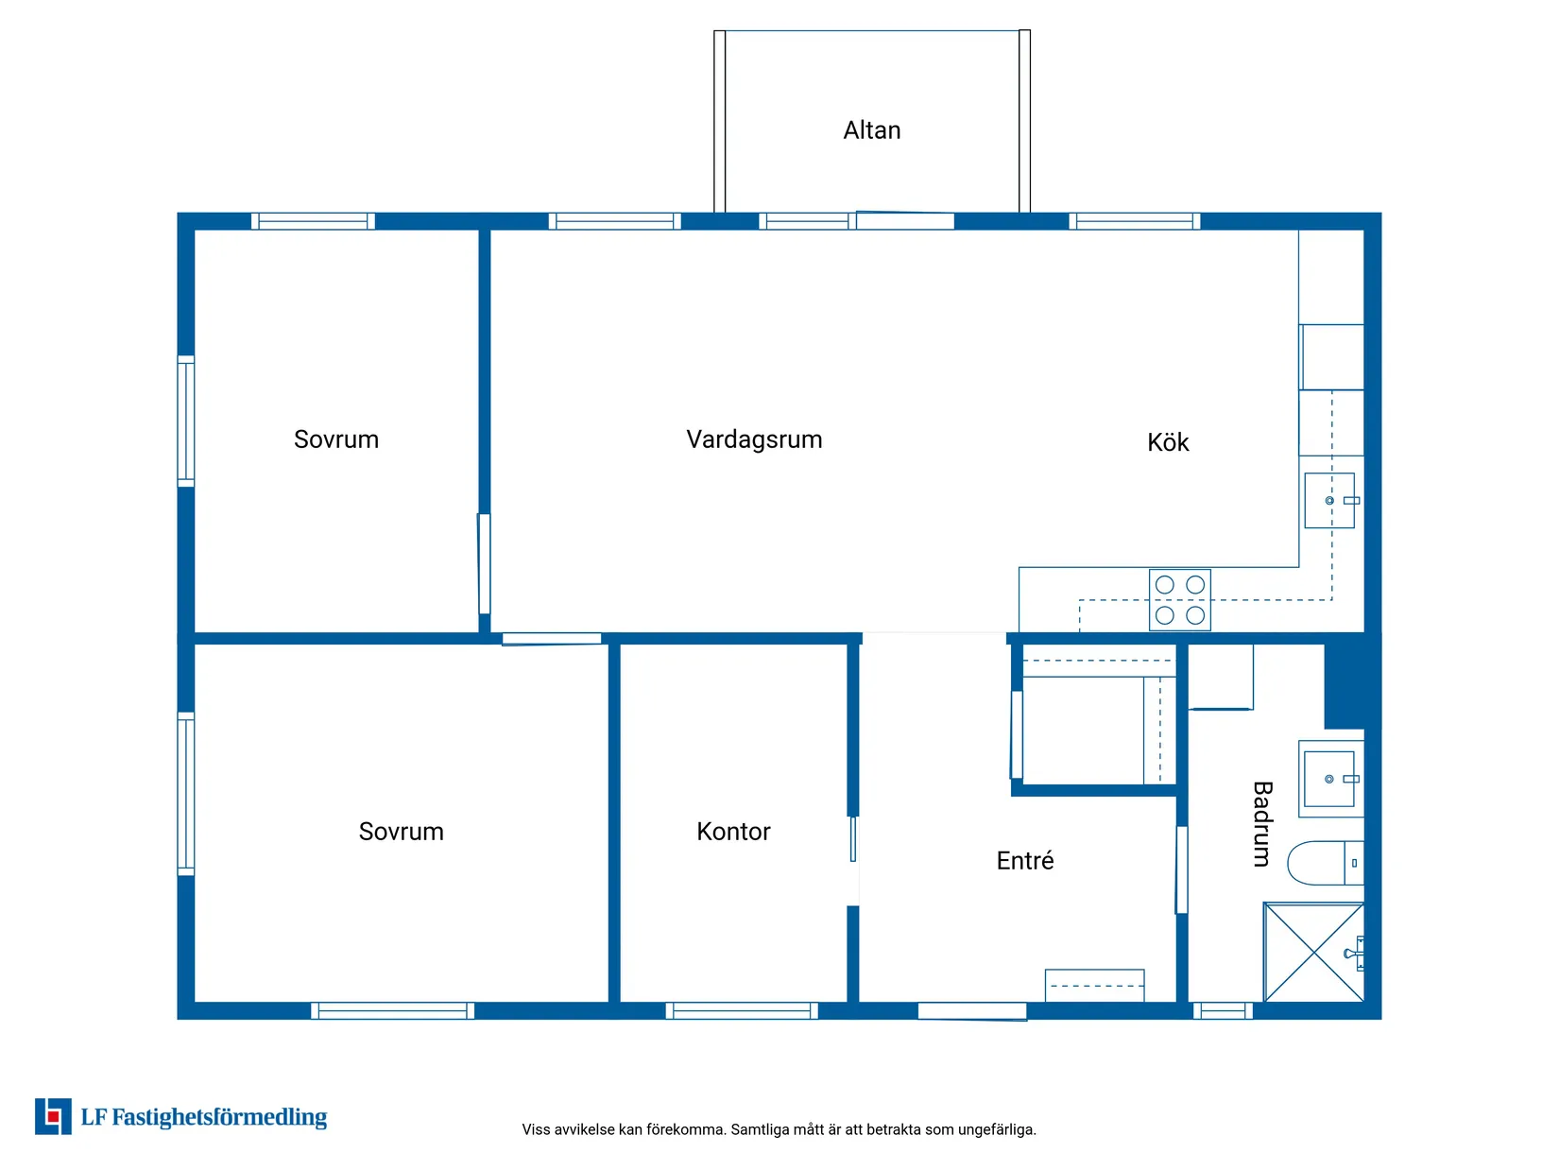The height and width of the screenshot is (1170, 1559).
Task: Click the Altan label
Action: tap(871, 130)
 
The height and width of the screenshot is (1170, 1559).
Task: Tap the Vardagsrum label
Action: tap(754, 439)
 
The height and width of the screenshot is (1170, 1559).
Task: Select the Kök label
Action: tap(1167, 442)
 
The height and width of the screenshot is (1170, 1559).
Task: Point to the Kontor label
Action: tap(733, 831)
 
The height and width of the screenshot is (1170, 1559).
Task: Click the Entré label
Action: tap(1024, 860)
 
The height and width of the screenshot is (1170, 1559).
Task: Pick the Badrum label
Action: tap(1261, 824)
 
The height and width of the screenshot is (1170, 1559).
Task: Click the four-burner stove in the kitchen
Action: tap(1179, 599)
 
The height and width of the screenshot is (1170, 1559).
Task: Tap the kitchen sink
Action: tap(1328, 500)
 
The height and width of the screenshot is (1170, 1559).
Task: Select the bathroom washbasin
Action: tap(1328, 779)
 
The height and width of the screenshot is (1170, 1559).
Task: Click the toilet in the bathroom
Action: tap(1325, 863)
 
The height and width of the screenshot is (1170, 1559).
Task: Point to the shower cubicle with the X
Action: tap(1313, 952)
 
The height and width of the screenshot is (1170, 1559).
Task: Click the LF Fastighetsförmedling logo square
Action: tap(53, 1117)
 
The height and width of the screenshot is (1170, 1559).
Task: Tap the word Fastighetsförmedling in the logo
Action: tap(219, 1117)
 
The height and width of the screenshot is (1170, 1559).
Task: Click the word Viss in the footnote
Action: tap(534, 1129)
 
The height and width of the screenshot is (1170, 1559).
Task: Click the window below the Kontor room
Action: tap(742, 1011)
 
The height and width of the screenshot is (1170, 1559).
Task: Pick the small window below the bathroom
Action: tap(1223, 1011)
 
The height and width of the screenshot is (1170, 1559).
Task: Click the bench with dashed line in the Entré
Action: tap(1094, 986)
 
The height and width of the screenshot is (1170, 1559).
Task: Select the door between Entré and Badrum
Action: tap(1182, 869)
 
